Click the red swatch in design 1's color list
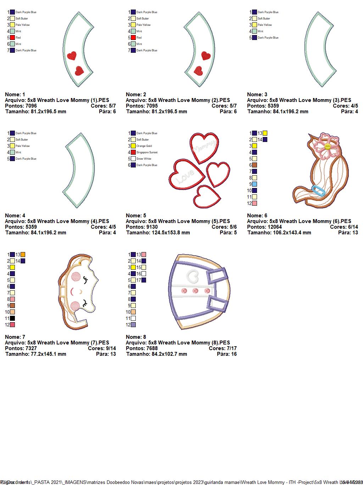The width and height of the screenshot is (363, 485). (12, 38)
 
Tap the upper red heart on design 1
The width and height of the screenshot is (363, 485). (72, 56)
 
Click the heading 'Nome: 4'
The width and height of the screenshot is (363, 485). (15, 216)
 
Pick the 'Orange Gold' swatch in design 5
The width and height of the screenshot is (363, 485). (133, 146)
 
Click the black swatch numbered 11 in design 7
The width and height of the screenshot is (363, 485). (12, 318)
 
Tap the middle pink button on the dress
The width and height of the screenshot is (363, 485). (195, 291)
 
